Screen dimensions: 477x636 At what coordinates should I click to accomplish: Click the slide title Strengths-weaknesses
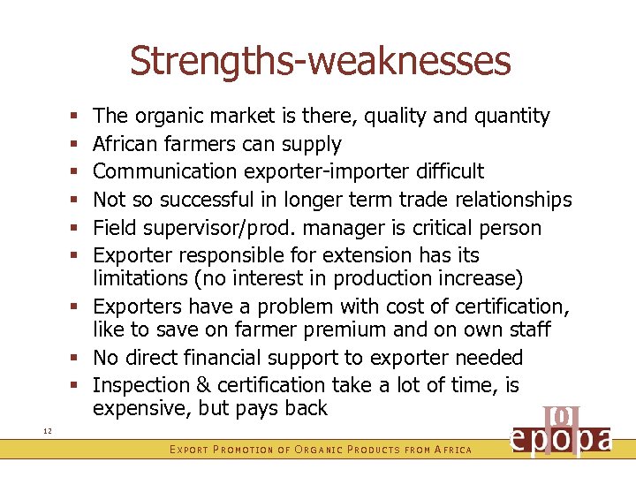click(320, 61)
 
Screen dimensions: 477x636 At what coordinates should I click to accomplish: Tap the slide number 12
click(47, 429)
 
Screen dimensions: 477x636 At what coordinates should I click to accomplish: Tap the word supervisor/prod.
click(228, 228)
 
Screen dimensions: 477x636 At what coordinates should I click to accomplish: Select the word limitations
click(134, 279)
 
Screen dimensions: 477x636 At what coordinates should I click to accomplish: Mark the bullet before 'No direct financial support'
click(79, 359)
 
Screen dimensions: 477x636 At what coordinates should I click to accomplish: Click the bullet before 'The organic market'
click(79, 116)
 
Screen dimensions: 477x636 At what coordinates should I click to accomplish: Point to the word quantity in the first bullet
click(511, 116)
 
